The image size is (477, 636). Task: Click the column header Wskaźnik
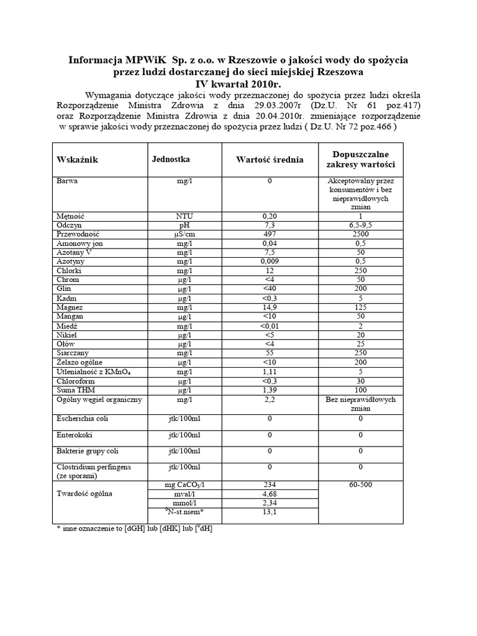tap(78, 160)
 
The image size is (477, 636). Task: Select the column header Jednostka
tap(171, 159)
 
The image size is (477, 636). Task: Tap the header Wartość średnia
tap(270, 160)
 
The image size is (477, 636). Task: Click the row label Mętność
tap(70, 215)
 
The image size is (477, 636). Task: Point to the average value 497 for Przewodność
tap(270, 234)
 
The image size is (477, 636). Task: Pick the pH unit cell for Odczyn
tap(184, 224)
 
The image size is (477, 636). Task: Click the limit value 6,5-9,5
tap(360, 224)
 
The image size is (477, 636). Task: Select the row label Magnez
tap(70, 307)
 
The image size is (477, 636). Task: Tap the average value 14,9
tap(270, 307)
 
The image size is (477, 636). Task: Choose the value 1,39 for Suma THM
tap(270, 390)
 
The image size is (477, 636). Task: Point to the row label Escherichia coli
tap(82, 419)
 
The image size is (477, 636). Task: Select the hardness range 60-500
tap(360, 484)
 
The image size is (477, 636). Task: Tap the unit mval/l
tap(184, 494)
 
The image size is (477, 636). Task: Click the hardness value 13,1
tap(270, 512)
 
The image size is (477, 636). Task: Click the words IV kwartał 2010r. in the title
tap(238, 82)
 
